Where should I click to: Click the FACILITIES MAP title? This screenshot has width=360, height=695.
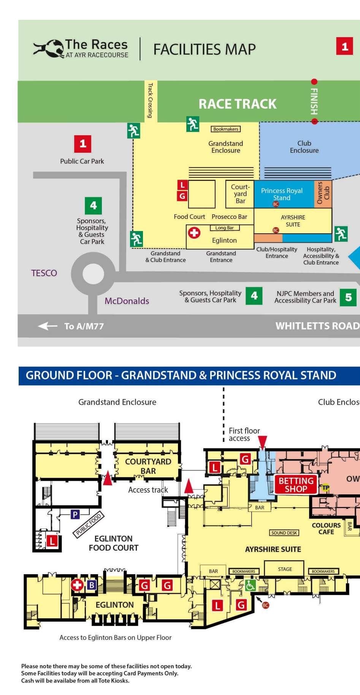[204, 49]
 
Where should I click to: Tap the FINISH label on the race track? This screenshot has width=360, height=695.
[314, 101]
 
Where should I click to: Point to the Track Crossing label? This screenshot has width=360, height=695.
[151, 101]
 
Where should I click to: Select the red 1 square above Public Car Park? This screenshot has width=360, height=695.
[83, 144]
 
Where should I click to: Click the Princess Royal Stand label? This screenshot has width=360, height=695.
[282, 194]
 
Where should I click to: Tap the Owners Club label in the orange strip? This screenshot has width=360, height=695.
[323, 193]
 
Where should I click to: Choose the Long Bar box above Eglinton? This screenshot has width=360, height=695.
[224, 228]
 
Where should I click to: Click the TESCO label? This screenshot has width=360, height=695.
[44, 273]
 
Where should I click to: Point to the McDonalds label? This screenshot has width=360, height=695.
[127, 301]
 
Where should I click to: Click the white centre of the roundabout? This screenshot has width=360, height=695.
[93, 274]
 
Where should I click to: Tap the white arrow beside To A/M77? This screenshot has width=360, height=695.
[48, 326]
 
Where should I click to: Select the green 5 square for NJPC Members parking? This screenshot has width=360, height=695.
[348, 297]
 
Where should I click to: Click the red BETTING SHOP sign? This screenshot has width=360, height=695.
[296, 484]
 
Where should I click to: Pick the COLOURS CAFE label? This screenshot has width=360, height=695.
[326, 529]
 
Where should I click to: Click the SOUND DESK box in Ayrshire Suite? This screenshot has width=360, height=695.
[284, 533]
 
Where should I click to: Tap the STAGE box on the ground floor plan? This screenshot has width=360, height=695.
[285, 569]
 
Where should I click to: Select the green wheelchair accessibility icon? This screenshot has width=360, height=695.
[250, 586]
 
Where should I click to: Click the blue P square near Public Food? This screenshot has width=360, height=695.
[75, 515]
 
